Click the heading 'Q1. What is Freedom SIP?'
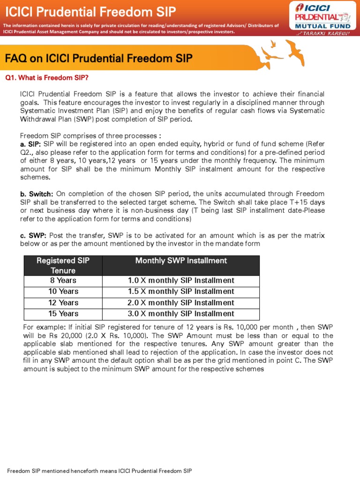(46, 77)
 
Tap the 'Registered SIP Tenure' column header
(63, 265)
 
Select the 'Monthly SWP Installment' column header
(181, 261)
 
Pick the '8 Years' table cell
(63, 280)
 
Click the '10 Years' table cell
(63, 292)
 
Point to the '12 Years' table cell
(63, 303)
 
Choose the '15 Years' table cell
(63, 314)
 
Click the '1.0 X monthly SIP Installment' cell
(181, 280)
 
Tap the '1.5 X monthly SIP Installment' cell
(181, 292)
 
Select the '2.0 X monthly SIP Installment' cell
(181, 303)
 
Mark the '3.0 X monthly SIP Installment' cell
(181, 314)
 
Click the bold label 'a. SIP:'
(30, 144)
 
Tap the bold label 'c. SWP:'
(33, 235)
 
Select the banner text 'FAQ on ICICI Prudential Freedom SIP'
(98, 59)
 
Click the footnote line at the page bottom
(99, 471)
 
